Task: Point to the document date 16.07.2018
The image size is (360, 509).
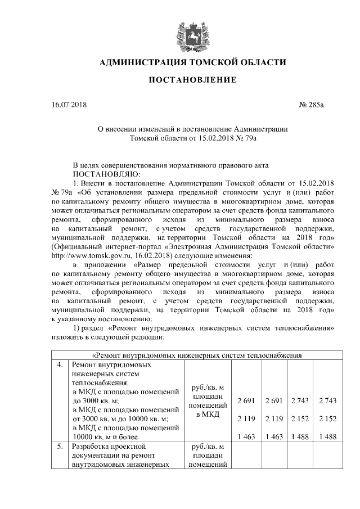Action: pos(67,105)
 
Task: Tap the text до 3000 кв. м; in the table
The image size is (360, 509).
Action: pos(93,401)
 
